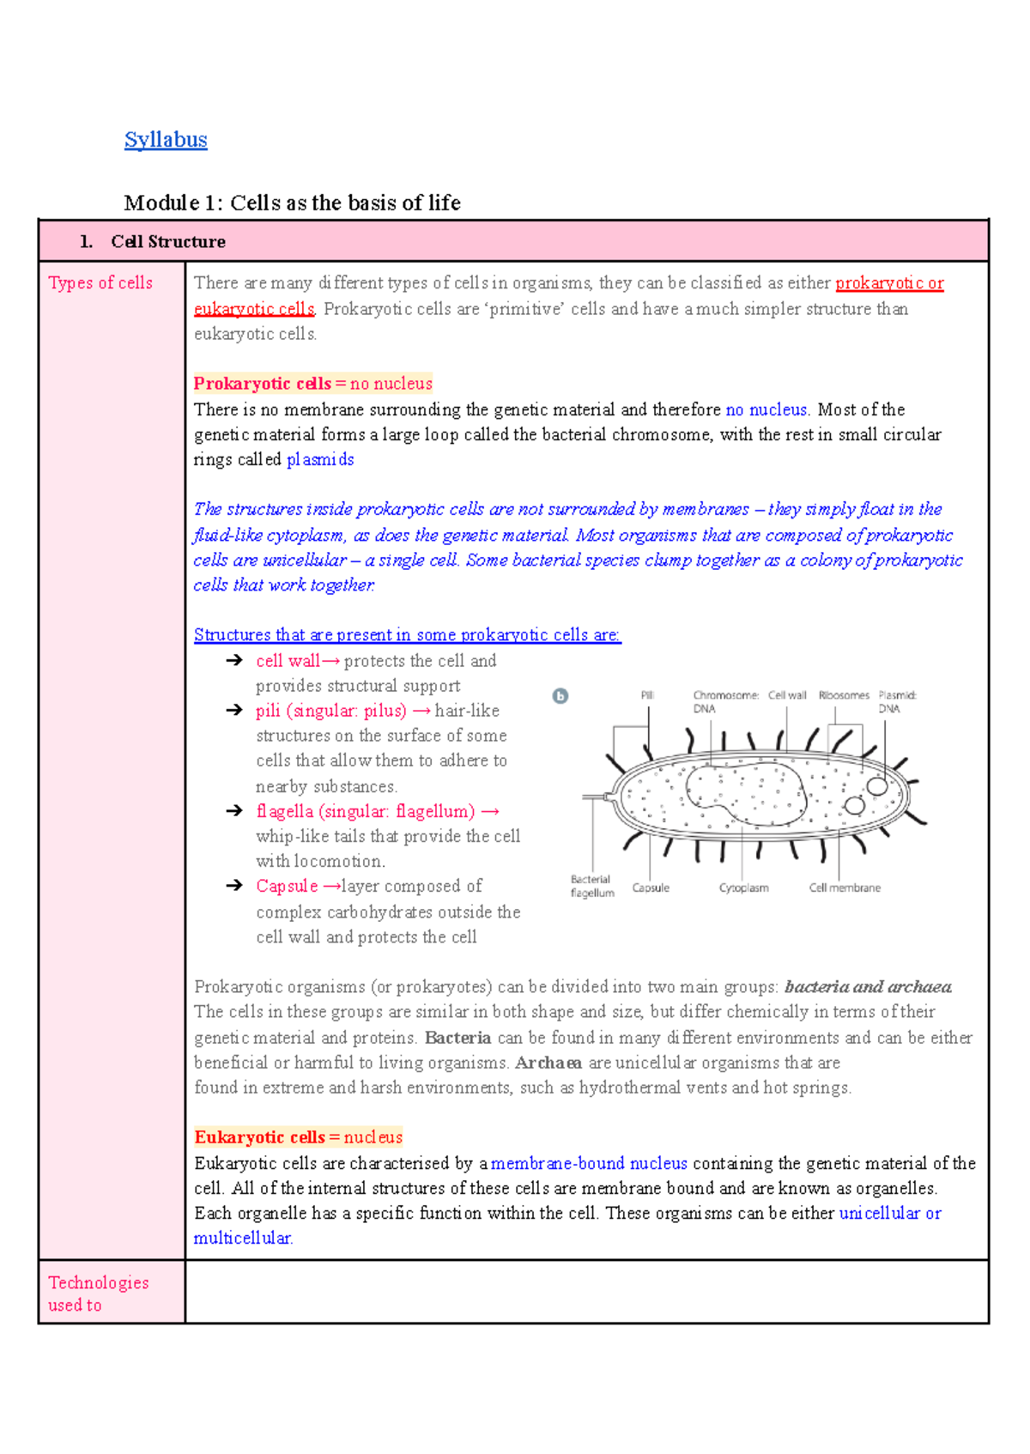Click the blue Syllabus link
tap(166, 140)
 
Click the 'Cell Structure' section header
tap(167, 242)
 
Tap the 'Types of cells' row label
tap(100, 282)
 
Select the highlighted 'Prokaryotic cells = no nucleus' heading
tap(312, 384)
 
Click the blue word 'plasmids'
tap(320, 459)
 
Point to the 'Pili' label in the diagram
tap(647, 695)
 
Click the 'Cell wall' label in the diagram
tap(787, 695)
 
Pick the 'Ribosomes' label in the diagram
tap(844, 695)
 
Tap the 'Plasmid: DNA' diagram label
tap(896, 701)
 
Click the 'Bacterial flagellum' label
tap(592, 886)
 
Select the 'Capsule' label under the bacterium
tap(651, 888)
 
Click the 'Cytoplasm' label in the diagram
tap(743, 888)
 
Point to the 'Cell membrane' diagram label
tap(845, 888)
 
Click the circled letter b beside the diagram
tap(560, 696)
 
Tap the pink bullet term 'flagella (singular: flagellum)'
tap(365, 811)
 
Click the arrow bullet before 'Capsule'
tap(234, 885)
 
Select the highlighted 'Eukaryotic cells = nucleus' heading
tap(298, 1137)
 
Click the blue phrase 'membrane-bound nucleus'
tap(589, 1163)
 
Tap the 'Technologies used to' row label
tap(98, 1293)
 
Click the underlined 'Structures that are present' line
tap(407, 635)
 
